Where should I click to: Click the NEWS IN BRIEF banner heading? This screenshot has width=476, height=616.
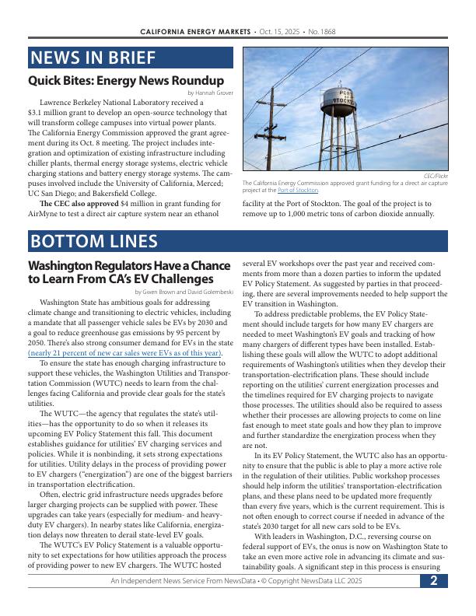93,58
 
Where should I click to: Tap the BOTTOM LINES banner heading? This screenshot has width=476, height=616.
93,241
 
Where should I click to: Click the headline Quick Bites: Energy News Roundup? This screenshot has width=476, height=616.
126,81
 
